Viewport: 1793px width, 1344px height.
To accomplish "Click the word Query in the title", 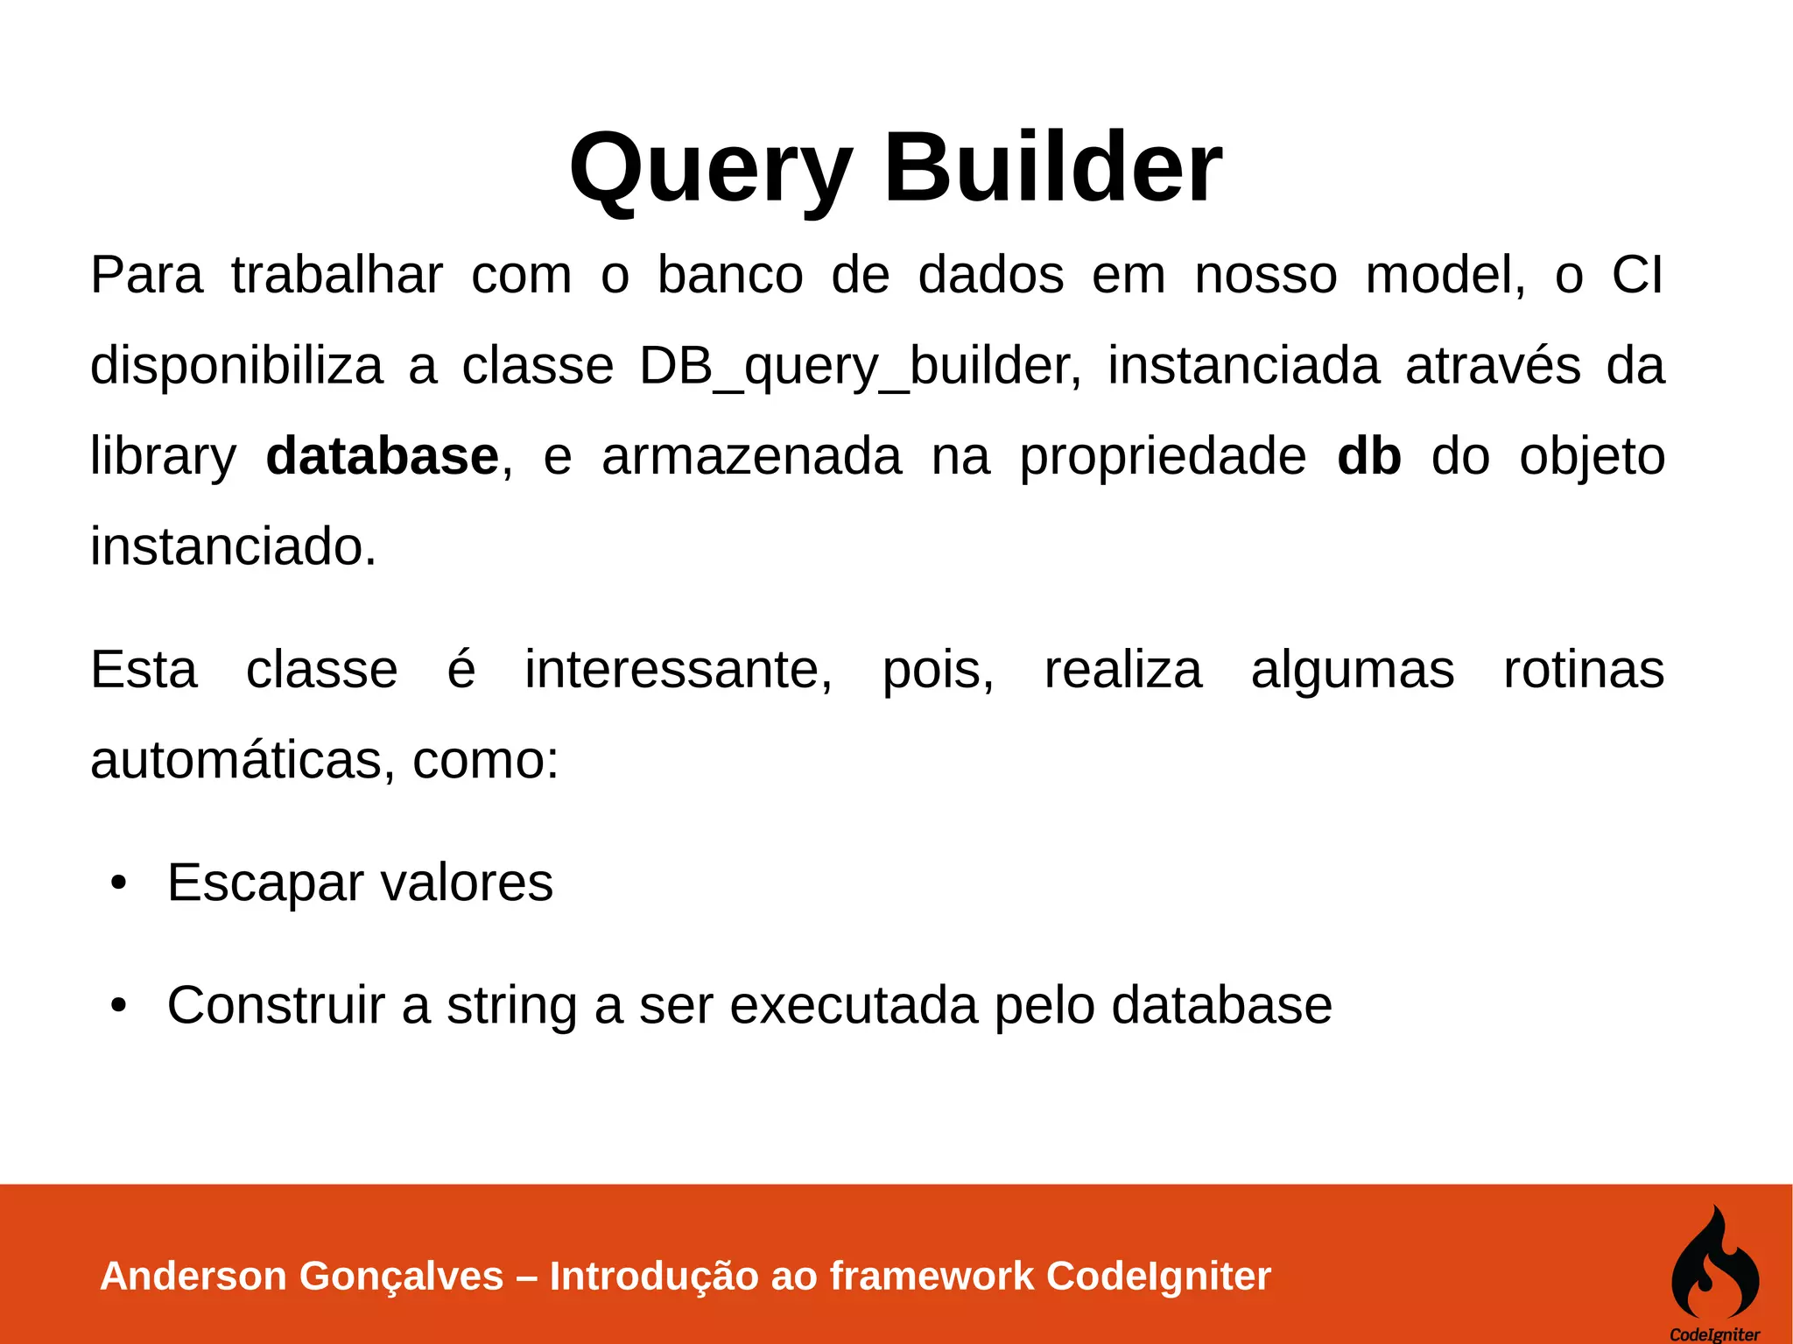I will [x=710, y=168].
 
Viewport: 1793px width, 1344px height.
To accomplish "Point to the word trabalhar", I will [x=337, y=275].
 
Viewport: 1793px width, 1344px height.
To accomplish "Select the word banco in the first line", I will [x=730, y=275].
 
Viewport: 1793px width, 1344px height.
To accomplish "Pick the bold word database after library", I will [x=382, y=456].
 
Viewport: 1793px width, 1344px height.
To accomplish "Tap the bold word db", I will [x=1369, y=456].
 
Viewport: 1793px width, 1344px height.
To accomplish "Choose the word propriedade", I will [x=1163, y=458].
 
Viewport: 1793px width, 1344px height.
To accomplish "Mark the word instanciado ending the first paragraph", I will [x=233, y=546].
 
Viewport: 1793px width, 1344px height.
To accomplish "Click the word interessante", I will [x=678, y=671].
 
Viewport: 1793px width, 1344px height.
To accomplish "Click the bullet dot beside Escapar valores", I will [x=119, y=883].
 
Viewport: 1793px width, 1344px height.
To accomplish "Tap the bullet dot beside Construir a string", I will [x=119, y=1005].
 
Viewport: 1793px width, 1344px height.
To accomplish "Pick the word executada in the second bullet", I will [x=853, y=1005].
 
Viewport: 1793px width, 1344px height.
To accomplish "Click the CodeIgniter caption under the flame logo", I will [x=1714, y=1334].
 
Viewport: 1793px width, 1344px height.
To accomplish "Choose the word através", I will [x=1493, y=366].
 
